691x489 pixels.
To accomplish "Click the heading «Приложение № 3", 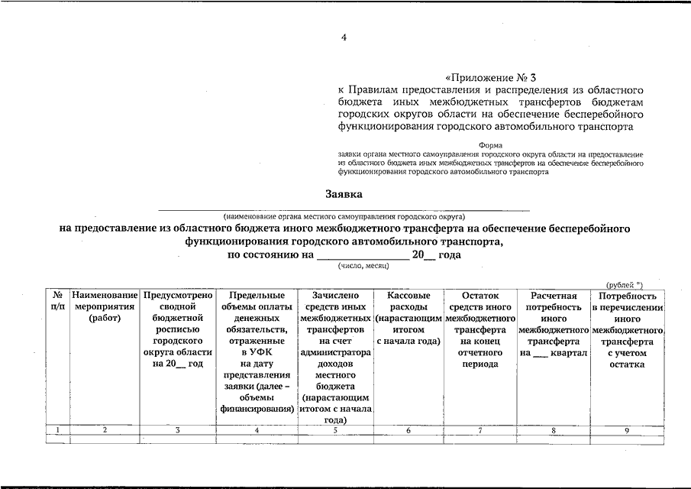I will tap(492, 77).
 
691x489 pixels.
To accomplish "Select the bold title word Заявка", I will tap(344, 195).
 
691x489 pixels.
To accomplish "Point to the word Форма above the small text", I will tap(490, 144).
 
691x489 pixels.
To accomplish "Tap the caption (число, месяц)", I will tap(363, 265).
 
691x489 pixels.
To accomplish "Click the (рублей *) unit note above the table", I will tap(625, 284).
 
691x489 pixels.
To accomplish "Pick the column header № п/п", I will tap(57, 300).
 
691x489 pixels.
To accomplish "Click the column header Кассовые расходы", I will tap(408, 318).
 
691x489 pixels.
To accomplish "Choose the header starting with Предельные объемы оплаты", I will tap(257, 352).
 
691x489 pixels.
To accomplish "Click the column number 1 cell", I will tap(57, 431).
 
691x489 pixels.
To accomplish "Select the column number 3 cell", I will tap(177, 431).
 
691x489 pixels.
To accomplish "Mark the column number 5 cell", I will tap(335, 431).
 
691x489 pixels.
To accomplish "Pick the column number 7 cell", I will tap(480, 431).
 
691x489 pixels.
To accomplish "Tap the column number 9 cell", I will tap(627, 431).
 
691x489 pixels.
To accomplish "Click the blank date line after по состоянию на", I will tap(363, 255).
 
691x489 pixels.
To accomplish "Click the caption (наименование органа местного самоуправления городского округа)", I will tap(344, 217).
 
